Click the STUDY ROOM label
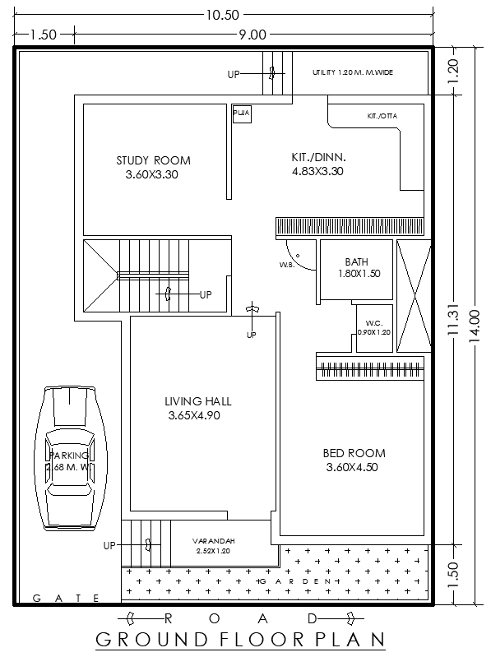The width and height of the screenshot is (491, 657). pos(153,160)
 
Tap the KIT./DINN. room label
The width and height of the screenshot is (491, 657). pos(317,156)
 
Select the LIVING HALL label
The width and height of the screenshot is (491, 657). pos(197,401)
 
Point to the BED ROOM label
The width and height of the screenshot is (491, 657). pos(354,453)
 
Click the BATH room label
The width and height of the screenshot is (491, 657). pos(357,262)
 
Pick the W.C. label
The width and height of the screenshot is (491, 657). pos(373,322)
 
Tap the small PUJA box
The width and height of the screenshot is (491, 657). pos(241,113)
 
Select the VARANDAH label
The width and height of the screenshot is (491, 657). pos(214,541)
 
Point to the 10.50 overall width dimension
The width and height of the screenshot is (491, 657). pos(222,14)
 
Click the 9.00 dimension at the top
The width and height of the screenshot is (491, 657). pos(252,34)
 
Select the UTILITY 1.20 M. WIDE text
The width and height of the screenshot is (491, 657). pos(352,72)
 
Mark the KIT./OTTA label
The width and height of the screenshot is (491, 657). pos(382,116)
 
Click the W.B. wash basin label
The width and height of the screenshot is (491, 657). pos(285,265)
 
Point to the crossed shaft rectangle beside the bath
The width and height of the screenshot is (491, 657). pos(413,295)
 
